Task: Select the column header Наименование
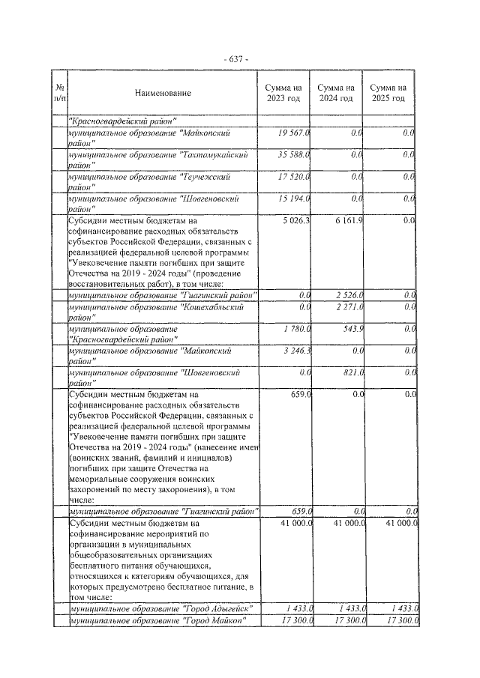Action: coord(163,94)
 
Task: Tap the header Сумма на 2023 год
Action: coord(284,94)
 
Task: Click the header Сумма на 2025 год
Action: coord(391,94)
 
